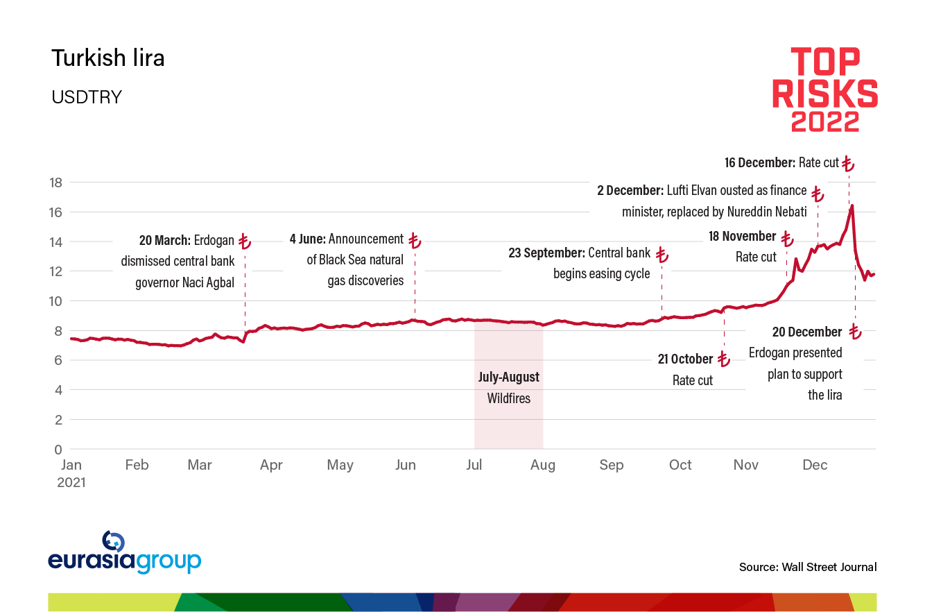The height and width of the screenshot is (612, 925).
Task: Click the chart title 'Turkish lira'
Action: (x=107, y=58)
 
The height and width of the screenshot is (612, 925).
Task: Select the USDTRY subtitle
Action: (x=87, y=97)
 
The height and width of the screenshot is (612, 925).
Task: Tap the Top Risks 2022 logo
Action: (x=825, y=89)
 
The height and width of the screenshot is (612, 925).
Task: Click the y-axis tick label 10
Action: (x=54, y=301)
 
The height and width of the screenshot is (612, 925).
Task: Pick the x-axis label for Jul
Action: (x=474, y=465)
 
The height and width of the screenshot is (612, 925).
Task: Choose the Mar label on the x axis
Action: (x=200, y=465)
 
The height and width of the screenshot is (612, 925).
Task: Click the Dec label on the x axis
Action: (x=815, y=465)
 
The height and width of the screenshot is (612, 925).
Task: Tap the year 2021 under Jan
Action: (x=71, y=482)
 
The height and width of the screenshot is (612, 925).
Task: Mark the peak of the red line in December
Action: (x=851, y=205)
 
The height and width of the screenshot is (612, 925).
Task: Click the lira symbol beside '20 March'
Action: (x=244, y=241)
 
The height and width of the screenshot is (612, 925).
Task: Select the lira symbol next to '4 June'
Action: (x=414, y=241)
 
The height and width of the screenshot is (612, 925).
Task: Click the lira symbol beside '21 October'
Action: (x=723, y=359)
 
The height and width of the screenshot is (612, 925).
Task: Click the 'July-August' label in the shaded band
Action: (x=508, y=377)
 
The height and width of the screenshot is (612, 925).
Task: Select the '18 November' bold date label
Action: (x=742, y=237)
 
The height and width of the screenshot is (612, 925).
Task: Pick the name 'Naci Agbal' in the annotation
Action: (x=207, y=281)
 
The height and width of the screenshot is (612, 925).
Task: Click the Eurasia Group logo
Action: (x=125, y=553)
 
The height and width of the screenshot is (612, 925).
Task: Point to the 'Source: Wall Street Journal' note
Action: (x=808, y=567)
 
